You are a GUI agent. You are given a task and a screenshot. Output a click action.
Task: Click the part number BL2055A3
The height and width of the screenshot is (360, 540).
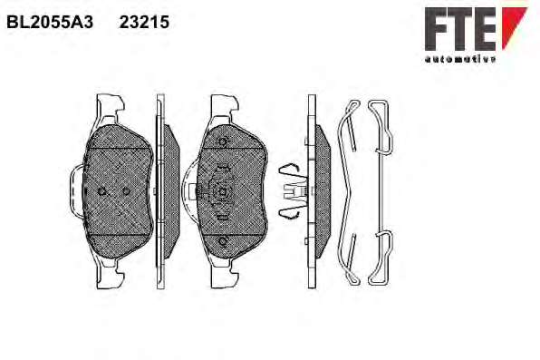click(x=50, y=23)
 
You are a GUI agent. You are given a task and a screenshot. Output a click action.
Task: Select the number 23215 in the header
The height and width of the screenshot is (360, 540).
click(x=144, y=23)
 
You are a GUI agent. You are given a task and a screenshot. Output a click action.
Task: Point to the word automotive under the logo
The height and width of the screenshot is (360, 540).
click(x=460, y=59)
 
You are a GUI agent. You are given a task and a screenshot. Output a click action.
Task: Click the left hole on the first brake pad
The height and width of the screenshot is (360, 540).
click(x=102, y=191)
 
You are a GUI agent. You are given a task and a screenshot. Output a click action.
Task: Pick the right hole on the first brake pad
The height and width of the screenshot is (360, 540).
click(x=126, y=191)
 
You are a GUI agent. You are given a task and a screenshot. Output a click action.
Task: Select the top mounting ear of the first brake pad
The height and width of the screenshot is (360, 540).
click(x=110, y=107)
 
